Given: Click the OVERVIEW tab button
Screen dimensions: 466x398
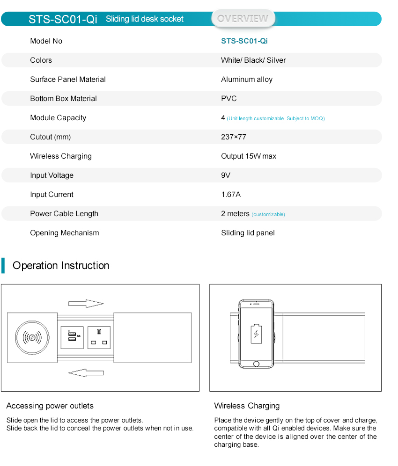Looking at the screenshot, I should click(243, 19).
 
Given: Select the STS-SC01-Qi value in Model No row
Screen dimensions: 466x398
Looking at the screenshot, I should click(244, 41).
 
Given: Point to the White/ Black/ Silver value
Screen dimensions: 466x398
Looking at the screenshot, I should click(253, 60).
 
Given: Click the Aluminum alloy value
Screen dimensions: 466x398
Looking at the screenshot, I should click(247, 80).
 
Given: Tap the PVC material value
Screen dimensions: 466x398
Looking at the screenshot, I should click(229, 99).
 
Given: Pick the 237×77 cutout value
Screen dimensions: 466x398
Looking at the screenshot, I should click(234, 137).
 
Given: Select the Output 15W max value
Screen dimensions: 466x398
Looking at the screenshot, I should click(249, 156).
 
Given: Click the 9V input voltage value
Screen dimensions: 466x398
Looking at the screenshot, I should click(226, 175).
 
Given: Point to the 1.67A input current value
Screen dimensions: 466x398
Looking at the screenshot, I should click(231, 195).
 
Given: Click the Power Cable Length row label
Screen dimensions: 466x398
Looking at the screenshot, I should click(64, 214).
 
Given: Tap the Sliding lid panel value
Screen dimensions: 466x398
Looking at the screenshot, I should click(248, 233).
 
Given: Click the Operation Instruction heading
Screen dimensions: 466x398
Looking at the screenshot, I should click(61, 266).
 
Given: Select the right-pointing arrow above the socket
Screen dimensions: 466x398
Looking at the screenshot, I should click(86, 304).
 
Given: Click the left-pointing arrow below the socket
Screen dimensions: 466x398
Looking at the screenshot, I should click(86, 372).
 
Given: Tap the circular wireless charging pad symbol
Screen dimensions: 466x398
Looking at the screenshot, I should click(32, 337).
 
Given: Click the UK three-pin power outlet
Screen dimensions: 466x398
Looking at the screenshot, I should click(99, 337).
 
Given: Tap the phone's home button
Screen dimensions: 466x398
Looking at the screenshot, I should click(256, 364).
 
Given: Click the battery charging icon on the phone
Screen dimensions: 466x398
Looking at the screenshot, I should click(256, 333).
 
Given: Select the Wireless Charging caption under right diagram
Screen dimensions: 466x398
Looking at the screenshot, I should click(247, 406).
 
